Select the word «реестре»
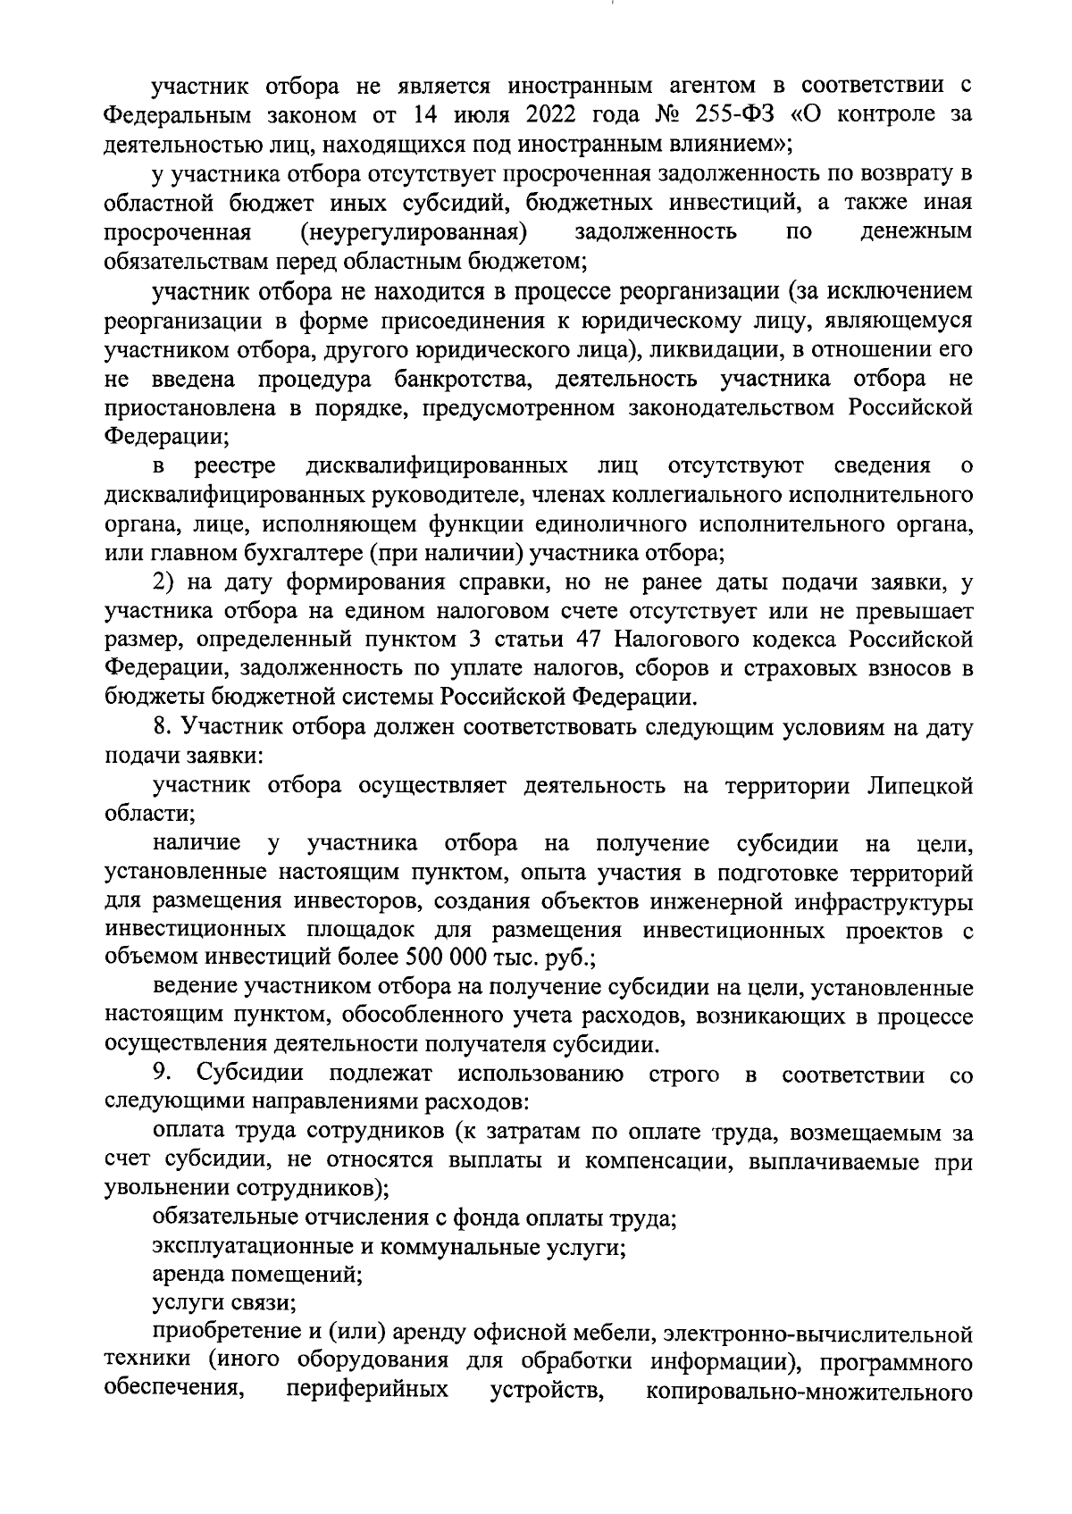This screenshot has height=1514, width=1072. [236, 465]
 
